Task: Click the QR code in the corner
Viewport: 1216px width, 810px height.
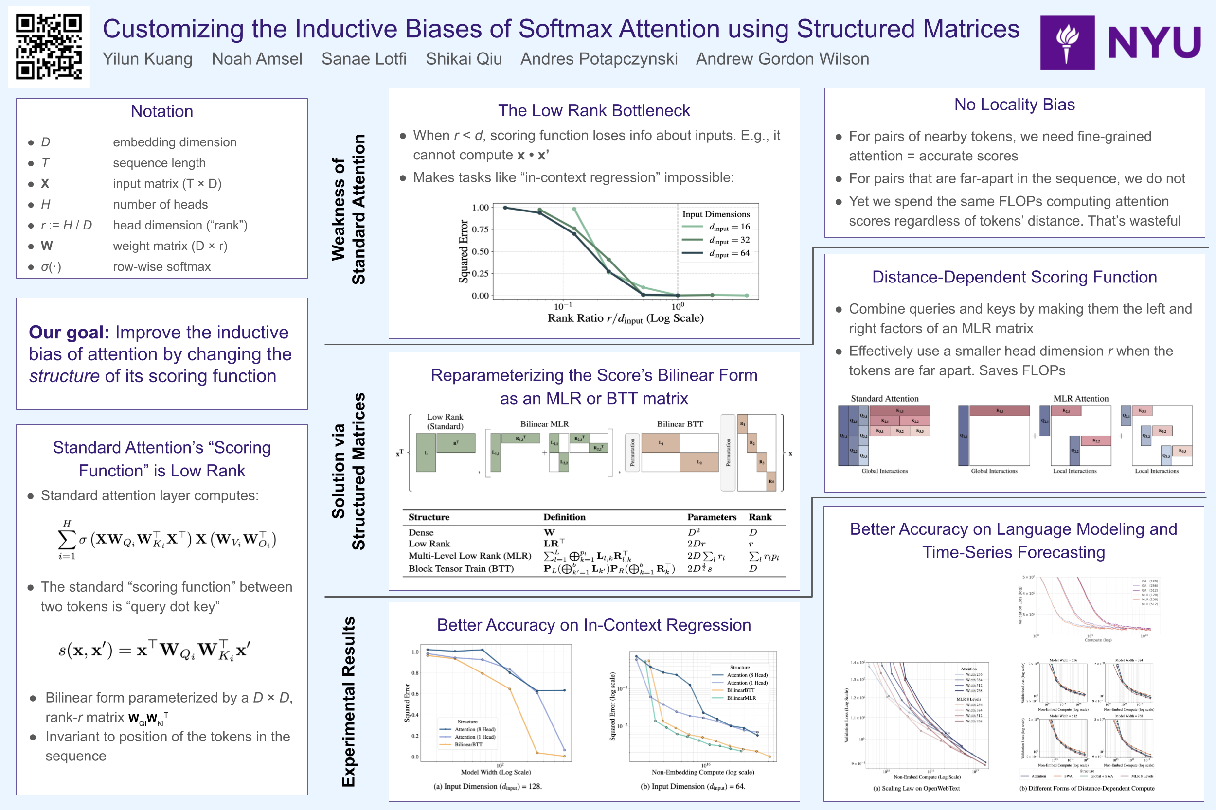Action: click(49, 47)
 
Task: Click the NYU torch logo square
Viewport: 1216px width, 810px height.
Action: click(1067, 42)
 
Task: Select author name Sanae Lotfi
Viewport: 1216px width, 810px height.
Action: click(364, 59)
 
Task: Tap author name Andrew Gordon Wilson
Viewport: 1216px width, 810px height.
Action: click(782, 59)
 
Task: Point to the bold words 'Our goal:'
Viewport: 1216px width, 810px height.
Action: click(69, 332)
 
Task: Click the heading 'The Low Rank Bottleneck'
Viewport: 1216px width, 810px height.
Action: click(594, 110)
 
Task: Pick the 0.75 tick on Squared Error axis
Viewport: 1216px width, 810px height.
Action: click(480, 229)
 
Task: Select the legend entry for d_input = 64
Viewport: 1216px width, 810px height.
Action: click(729, 253)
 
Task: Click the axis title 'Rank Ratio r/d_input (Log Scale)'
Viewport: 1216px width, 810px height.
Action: click(626, 318)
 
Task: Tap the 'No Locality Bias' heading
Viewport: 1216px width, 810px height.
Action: click(1014, 105)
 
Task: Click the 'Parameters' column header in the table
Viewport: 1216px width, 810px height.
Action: click(711, 517)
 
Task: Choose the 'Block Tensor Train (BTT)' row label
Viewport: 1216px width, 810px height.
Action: click(461, 569)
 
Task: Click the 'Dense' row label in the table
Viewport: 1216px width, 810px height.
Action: click(421, 532)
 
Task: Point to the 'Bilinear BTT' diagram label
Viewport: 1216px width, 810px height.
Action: click(680, 424)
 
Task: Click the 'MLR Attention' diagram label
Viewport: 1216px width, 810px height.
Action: click(1081, 398)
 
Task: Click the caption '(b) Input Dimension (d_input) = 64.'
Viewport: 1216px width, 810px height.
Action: click(693, 786)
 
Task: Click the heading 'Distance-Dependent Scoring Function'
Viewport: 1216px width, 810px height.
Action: click(1014, 277)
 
